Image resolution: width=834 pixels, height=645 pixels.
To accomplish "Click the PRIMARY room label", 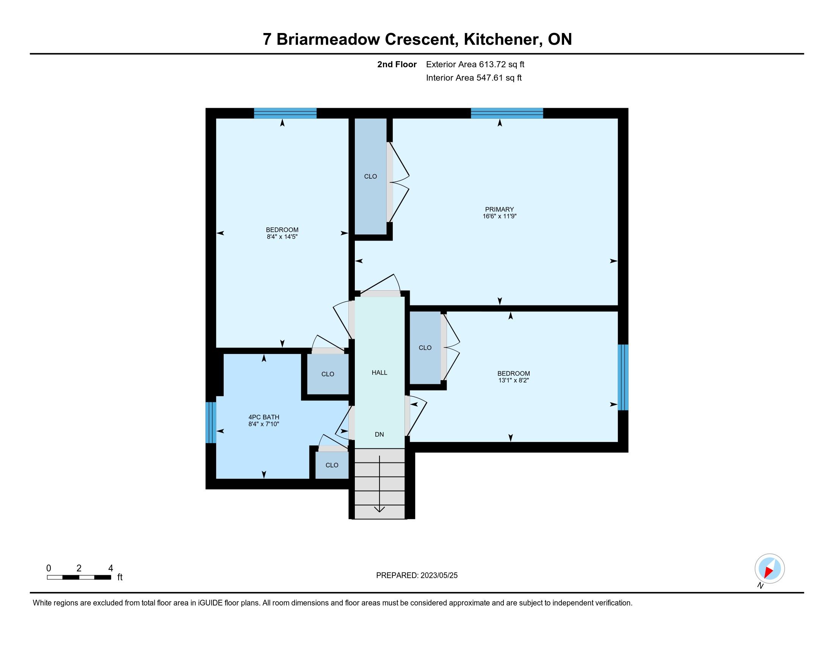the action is (500, 209).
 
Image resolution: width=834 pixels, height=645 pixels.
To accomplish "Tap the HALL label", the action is (379, 373).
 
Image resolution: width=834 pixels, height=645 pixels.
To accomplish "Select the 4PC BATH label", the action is (264, 417).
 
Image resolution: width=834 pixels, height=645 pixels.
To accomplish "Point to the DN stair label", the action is (379, 434).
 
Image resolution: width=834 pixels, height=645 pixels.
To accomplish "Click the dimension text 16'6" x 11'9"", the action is (500, 216).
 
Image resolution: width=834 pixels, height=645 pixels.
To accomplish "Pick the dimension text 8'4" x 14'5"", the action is (282, 237).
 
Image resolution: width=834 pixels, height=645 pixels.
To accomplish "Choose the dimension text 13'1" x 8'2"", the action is (514, 381).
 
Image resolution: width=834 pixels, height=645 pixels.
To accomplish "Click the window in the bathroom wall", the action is (211, 423).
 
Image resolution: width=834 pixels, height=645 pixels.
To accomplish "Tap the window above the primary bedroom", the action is (507, 113).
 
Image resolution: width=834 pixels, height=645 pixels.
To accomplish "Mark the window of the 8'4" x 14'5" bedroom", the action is (285, 113).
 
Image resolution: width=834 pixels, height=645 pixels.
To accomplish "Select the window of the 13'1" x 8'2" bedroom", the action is (623, 378).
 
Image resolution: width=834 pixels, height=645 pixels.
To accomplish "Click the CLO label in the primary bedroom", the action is (370, 176).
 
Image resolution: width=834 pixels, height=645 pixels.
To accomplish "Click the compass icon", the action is (770, 569).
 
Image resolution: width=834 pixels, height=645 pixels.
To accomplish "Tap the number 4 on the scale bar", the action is (111, 568).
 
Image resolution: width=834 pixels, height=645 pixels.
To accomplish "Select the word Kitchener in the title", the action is (501, 40).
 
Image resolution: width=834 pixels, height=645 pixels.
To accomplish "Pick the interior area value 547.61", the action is (489, 78).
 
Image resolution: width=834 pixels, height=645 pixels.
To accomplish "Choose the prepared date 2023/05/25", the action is (439, 576).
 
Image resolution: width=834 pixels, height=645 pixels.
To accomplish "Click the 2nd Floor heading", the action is (397, 64).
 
